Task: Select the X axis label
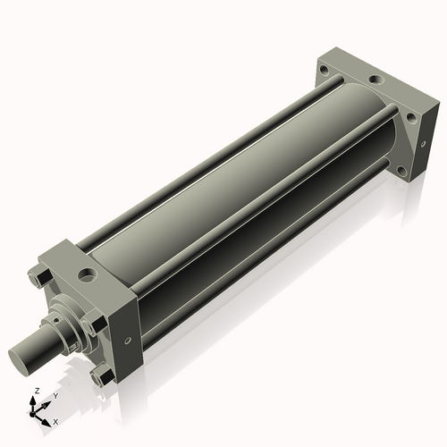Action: tap(55, 420)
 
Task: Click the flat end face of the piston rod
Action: tap(24, 358)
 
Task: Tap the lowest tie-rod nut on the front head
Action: tap(104, 378)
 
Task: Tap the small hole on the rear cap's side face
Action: tap(418, 146)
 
